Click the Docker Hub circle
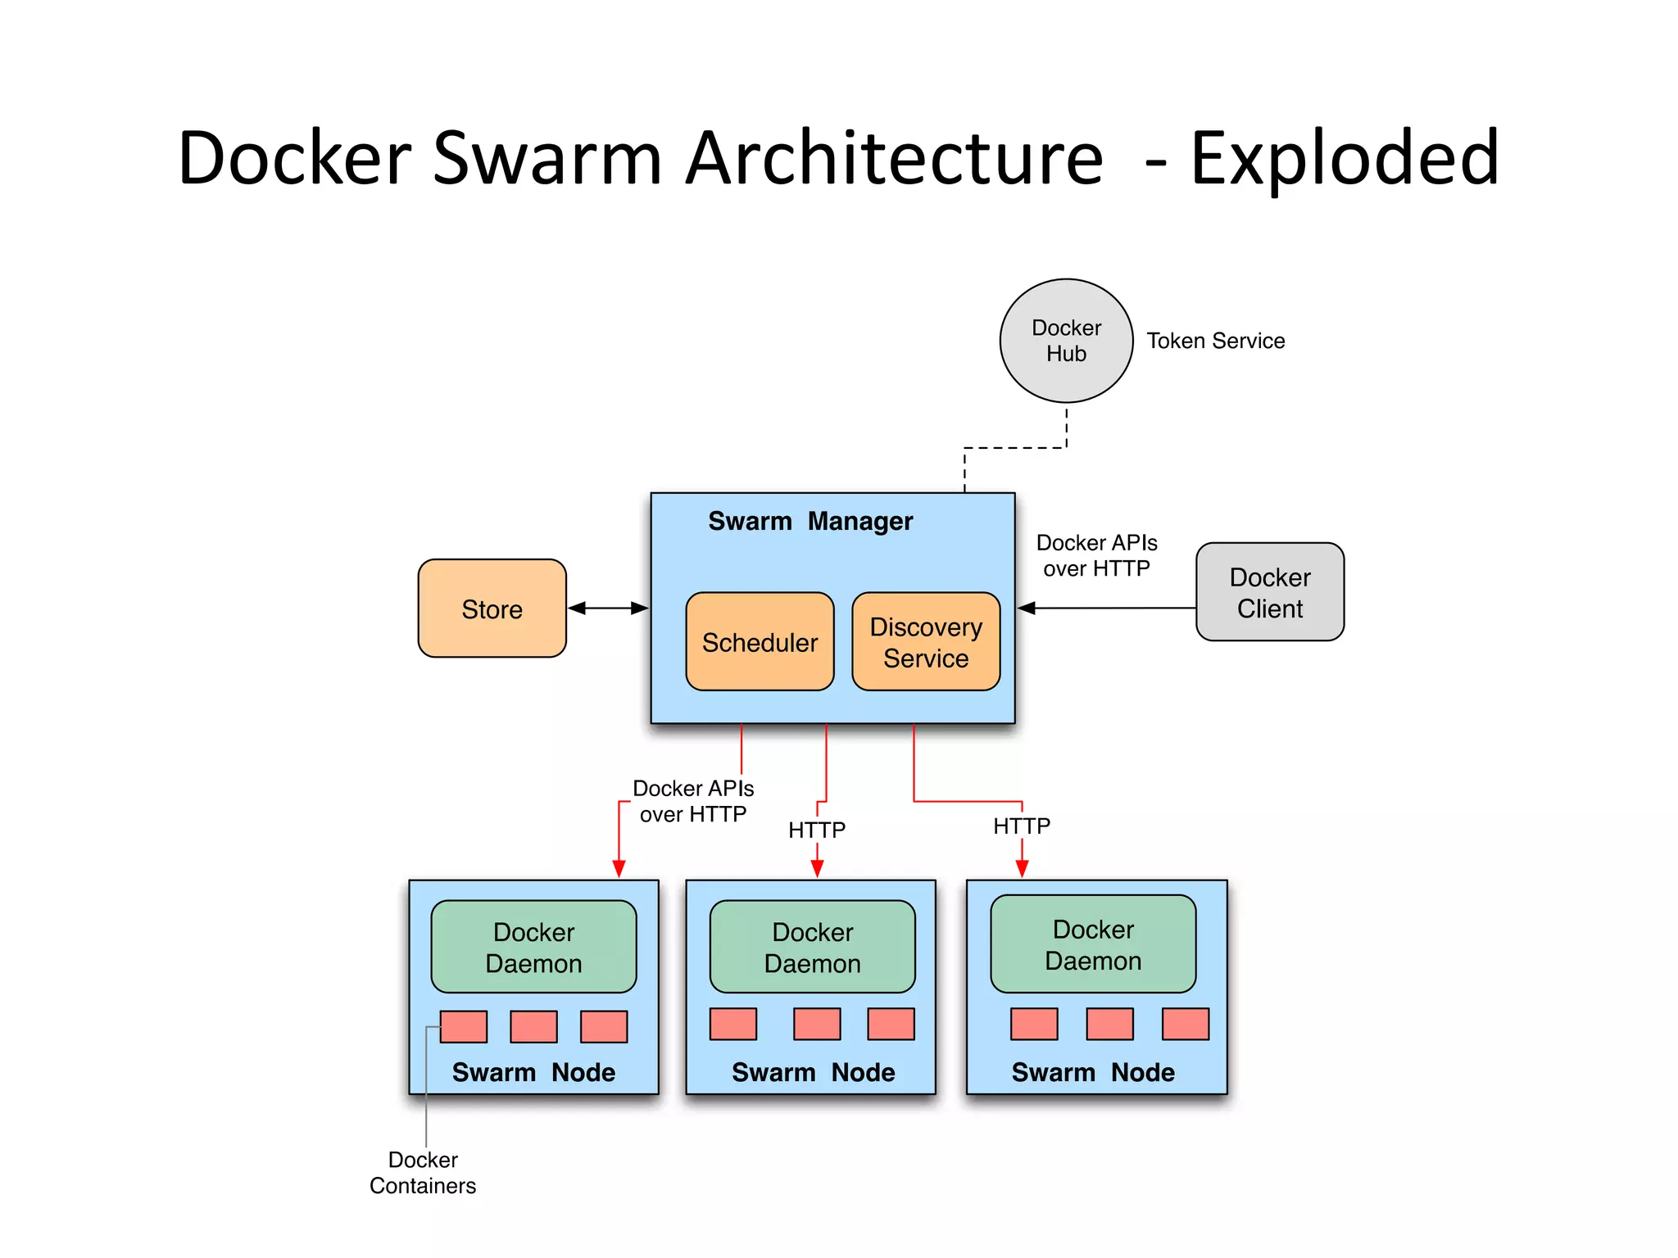[x=1066, y=341]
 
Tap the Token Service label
[x=1215, y=341]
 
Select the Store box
[x=492, y=609]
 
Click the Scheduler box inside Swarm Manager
[x=760, y=642]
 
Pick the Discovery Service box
[x=926, y=642]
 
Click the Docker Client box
[x=1269, y=592]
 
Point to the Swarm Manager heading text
[x=810, y=521]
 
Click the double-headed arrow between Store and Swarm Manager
[x=608, y=608]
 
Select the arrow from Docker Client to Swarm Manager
[x=1106, y=608]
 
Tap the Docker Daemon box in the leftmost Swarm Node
[x=533, y=947]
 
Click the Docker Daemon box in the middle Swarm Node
[x=812, y=947]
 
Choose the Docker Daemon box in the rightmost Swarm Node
[x=1092, y=944]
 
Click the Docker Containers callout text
[x=423, y=1172]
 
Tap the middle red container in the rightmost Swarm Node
[x=1109, y=1024]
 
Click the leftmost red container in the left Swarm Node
[x=464, y=1026]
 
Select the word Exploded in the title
[x=1344, y=158]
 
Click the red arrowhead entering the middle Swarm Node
[x=817, y=869]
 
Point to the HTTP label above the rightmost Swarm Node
[x=1021, y=826]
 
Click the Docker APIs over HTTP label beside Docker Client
[x=1096, y=555]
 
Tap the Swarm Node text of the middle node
[x=813, y=1072]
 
